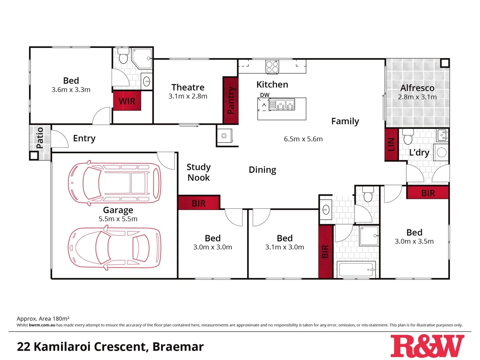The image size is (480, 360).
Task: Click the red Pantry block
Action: point(231,100)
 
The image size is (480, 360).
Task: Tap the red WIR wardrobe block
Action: point(127,101)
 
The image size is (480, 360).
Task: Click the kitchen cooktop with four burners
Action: point(272,67)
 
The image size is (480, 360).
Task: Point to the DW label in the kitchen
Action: point(265,95)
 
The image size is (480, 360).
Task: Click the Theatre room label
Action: point(188,87)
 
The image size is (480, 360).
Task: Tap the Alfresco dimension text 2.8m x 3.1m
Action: point(417,97)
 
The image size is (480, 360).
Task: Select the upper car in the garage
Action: point(114,183)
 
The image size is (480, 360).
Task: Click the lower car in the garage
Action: point(114,248)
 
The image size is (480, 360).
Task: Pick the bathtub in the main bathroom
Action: point(356,269)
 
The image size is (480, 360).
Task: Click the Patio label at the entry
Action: point(40,138)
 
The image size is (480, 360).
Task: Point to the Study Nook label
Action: point(199,172)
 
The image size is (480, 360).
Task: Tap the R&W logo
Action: point(427,346)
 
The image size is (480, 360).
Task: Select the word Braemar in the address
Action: point(178,347)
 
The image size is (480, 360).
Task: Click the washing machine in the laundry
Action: point(441,153)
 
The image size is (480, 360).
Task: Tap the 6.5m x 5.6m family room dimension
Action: point(303,139)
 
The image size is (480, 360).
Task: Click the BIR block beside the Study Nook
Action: point(199,203)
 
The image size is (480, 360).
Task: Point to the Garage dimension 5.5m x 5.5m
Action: point(118,219)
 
